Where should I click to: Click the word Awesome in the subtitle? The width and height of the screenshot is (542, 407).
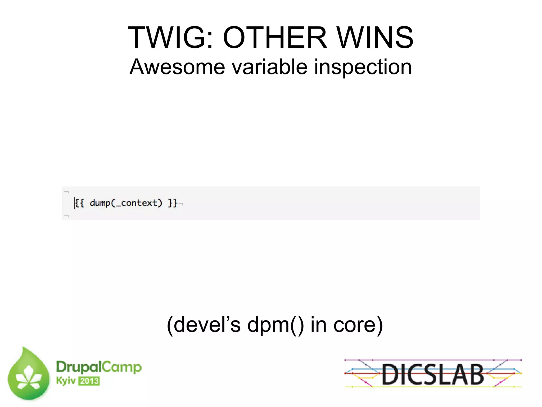pos(177,67)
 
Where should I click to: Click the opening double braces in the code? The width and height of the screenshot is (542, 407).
pos(80,203)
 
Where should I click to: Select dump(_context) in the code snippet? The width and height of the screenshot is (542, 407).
pos(126,203)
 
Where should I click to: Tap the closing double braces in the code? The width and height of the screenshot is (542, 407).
pos(173,203)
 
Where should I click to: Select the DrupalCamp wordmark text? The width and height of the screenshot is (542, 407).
pos(99,367)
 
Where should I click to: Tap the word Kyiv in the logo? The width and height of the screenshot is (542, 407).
pos(66,381)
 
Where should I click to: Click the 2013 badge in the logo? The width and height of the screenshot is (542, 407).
pos(89,381)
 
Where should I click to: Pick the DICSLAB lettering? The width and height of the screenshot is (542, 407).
pos(432,374)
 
